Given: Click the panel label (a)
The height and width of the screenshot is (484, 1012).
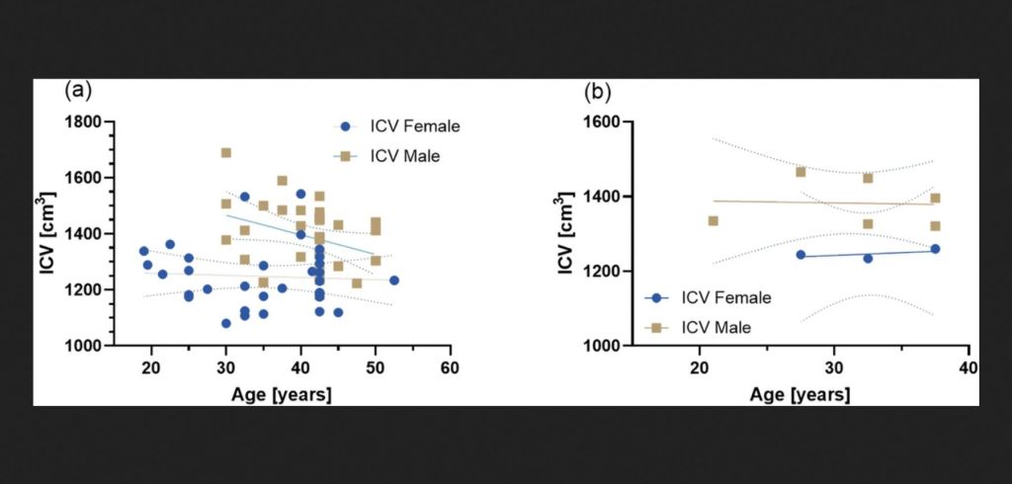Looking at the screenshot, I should pyautogui.click(x=78, y=92).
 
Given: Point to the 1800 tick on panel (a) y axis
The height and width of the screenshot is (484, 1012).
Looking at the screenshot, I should pyautogui.click(x=89, y=122).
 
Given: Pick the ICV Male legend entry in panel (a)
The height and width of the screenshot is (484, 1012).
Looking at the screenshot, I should pyautogui.click(x=393, y=155).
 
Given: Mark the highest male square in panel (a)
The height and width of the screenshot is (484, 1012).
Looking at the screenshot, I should pyautogui.click(x=226, y=153).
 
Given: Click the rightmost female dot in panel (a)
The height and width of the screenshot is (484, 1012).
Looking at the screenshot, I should pyautogui.click(x=394, y=281).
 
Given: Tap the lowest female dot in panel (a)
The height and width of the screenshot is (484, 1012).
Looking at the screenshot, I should pyautogui.click(x=226, y=323).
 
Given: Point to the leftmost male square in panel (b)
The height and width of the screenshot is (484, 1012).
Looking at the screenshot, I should pyautogui.click(x=713, y=220).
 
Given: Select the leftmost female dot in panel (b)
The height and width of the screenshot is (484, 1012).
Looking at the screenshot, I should pyautogui.click(x=801, y=255).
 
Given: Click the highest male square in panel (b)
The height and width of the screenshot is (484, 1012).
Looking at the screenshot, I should pyautogui.click(x=801, y=172).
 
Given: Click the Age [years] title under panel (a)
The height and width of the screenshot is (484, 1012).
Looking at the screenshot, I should pyautogui.click(x=281, y=393).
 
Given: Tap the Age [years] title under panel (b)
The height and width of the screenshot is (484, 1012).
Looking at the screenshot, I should pyautogui.click(x=800, y=393).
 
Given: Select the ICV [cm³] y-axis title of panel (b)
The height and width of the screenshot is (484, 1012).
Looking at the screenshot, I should pyautogui.click(x=564, y=233).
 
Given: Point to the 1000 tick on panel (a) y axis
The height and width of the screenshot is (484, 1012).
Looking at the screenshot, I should pyautogui.click(x=89, y=346).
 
